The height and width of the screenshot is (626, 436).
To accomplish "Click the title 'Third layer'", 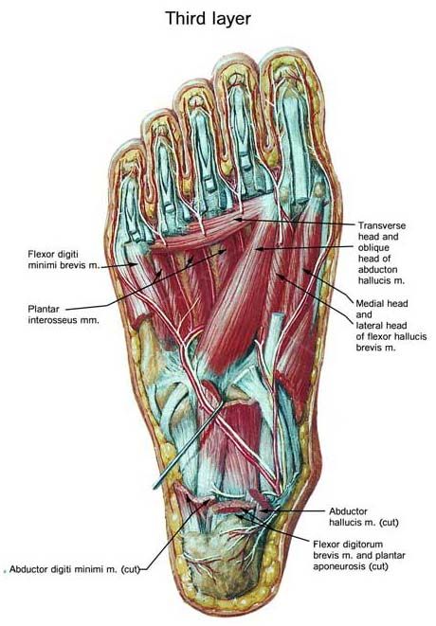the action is [x=208, y=18].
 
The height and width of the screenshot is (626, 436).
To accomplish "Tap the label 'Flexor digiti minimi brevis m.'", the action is [x=64, y=259].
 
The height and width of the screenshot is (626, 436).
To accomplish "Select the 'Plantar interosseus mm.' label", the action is [x=64, y=314].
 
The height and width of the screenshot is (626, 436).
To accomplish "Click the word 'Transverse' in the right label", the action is [x=382, y=225].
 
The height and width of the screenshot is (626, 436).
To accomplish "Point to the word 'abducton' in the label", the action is [x=377, y=270].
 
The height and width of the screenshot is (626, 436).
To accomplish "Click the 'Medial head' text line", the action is [x=382, y=303].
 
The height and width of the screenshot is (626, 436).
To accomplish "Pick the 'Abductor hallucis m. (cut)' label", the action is [x=364, y=516].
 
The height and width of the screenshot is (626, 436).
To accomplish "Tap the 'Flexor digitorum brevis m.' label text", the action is [x=348, y=549].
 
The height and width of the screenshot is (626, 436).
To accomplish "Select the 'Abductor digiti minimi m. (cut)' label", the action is [x=75, y=569].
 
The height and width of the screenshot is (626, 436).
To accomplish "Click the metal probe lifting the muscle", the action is [x=188, y=446].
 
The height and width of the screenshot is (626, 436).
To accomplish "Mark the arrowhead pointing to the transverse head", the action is [x=237, y=219].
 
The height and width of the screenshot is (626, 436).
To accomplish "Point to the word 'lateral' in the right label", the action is [x=369, y=326].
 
